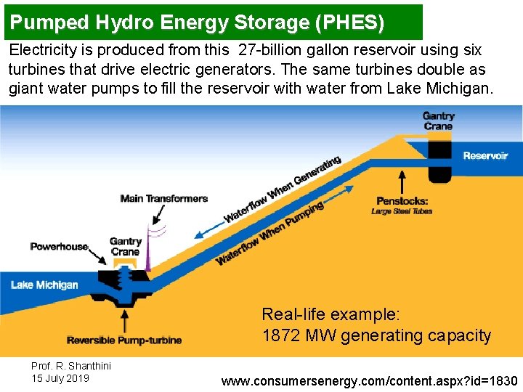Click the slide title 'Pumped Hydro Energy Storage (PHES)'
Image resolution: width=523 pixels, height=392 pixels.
click(198, 23)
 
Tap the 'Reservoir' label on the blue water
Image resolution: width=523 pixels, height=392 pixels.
click(485, 155)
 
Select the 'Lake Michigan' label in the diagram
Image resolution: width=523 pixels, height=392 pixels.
click(44, 285)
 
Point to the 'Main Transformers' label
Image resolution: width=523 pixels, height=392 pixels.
click(164, 198)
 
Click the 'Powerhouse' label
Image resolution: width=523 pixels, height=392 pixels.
click(59, 247)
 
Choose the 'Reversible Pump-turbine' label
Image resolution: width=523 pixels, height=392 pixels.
click(124, 340)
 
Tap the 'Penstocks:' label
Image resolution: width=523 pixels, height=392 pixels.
click(402, 201)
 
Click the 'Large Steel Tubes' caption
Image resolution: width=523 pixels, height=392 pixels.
click(402, 211)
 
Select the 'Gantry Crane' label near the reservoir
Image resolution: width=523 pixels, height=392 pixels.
click(438, 121)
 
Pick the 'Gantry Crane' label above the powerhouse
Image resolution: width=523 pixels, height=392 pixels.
click(125, 247)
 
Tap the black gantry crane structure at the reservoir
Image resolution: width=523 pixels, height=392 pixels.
click(439, 160)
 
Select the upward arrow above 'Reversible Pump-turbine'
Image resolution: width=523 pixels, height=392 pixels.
click(126, 319)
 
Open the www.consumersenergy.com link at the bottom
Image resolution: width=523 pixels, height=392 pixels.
click(369, 381)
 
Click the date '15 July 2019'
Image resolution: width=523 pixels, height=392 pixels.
click(60, 378)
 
